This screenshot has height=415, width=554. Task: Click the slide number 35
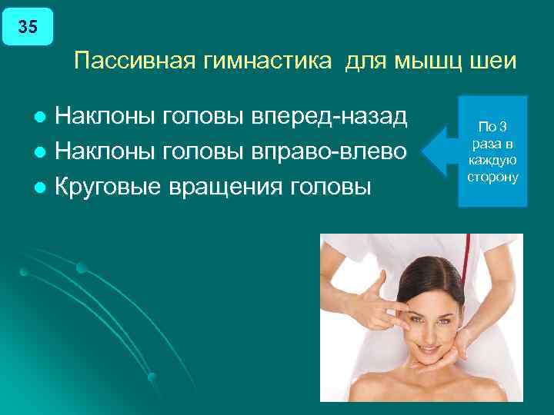point(27,28)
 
